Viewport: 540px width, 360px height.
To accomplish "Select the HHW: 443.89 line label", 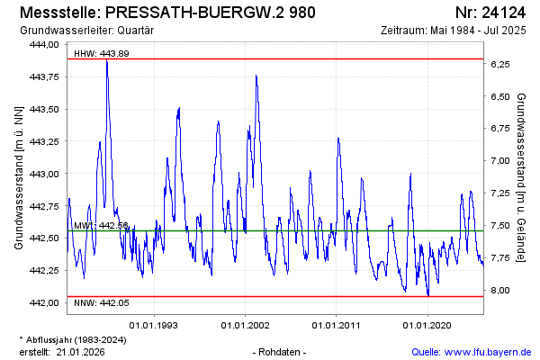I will [x=101, y=53].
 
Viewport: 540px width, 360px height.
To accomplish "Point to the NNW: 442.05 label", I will [x=101, y=302].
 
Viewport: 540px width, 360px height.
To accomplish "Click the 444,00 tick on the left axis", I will [x=40, y=44].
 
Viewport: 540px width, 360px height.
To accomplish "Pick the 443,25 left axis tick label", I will [x=40, y=141].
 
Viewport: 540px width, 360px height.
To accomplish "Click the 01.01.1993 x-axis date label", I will [x=154, y=324].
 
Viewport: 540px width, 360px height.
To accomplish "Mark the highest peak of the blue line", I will [x=107, y=61].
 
